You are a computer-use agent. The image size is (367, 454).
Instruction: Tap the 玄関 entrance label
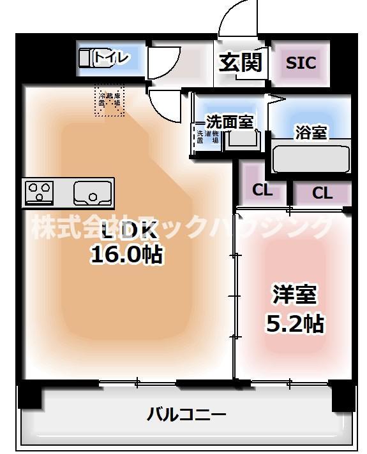[x=241, y=62]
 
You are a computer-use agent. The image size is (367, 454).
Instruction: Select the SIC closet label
[x=300, y=63]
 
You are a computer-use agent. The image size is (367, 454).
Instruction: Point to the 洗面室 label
[x=230, y=121]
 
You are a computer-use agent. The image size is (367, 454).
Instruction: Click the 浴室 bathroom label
[x=311, y=132]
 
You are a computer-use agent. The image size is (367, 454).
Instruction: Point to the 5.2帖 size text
[x=294, y=324]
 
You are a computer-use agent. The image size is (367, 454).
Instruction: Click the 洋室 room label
[x=294, y=295]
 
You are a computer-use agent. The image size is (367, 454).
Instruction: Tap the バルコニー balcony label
[x=186, y=415]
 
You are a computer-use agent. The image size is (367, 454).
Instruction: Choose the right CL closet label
[x=322, y=193]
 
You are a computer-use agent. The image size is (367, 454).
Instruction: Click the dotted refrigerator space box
[x=110, y=101]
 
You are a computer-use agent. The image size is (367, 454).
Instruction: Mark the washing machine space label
[x=207, y=137]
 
